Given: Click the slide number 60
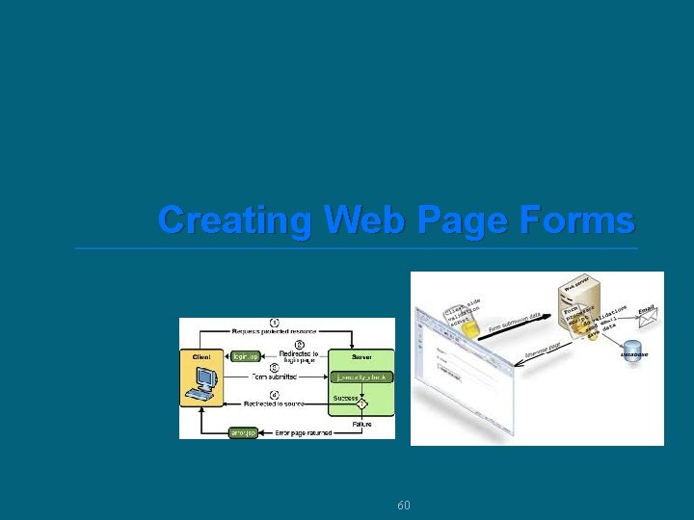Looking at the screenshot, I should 404,506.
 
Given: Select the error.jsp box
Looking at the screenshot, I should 243,432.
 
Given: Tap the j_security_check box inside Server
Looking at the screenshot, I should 360,377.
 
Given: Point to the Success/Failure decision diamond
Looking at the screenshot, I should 361,404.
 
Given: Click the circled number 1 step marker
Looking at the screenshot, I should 275,323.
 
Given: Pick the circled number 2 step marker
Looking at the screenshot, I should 299,344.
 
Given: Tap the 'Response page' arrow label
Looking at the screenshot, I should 543,352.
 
